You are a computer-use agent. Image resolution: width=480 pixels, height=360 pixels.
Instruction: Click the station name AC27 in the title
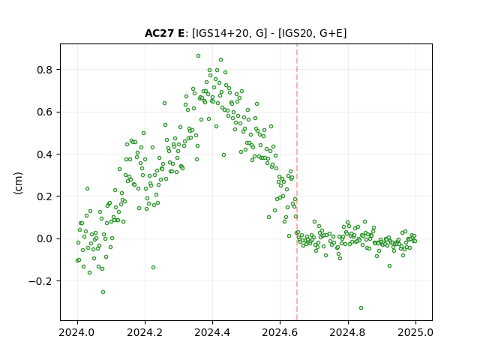pos(159,33)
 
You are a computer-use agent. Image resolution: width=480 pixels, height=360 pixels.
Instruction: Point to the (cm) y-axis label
pos(18,183)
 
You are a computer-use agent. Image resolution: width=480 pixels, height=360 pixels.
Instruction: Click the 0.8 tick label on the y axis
pos(44,70)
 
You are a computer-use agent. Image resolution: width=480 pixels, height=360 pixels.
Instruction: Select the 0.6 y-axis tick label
pos(44,112)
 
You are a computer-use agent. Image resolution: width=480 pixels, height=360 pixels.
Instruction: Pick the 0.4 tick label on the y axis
pos(44,154)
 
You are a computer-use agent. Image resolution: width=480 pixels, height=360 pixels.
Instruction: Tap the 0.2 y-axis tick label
pos(44,196)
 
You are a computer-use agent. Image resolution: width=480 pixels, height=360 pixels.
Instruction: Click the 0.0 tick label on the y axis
pos(44,238)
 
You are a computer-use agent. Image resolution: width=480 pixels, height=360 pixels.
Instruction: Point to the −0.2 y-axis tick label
pos(40,281)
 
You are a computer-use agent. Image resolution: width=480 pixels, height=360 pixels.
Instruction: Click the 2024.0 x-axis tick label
pos(77,332)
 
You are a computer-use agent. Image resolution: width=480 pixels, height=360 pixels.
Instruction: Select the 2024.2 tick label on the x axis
pos(145,332)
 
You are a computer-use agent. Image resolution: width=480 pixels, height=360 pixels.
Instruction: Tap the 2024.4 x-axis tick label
pos(212,332)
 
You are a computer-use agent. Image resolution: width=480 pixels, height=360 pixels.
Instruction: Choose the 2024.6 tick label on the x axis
pos(280,332)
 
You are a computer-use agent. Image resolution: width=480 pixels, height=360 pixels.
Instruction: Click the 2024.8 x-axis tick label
pos(348,332)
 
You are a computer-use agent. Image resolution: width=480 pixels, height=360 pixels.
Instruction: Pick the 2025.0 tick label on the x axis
pos(415,332)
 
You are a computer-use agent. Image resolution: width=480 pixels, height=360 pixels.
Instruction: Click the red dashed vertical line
pos(297,182)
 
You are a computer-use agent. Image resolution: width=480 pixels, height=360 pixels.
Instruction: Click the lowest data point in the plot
pos(361,308)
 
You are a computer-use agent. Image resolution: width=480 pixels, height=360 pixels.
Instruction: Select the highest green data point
pos(198,56)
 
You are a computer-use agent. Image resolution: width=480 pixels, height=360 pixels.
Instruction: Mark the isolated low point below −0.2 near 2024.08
pos(103,292)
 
